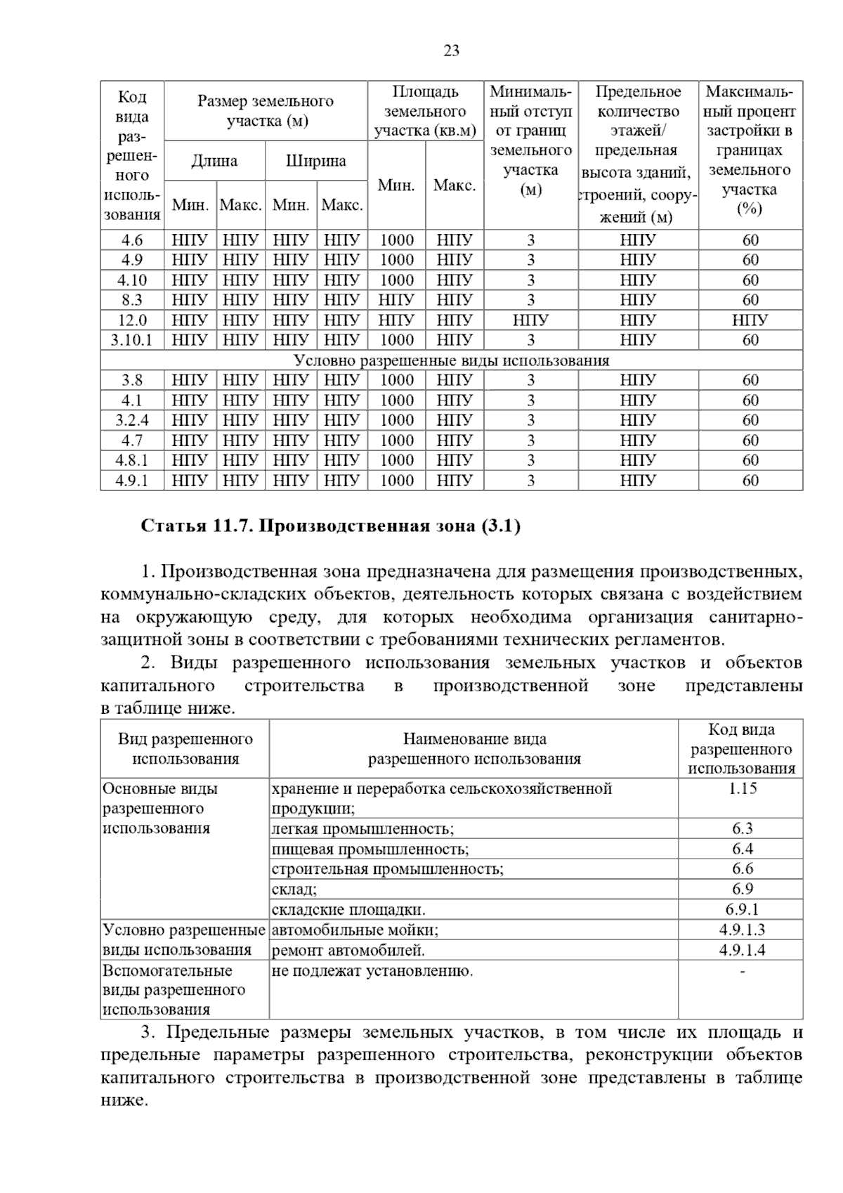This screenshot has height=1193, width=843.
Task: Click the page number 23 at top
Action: point(452,51)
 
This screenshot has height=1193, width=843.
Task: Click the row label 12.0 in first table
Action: point(132,320)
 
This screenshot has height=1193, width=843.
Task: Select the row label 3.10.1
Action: point(132,340)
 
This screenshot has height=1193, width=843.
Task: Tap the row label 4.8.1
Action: point(132,460)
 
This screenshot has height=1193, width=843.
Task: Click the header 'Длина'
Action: point(214,161)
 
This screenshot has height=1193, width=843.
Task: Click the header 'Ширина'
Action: point(316,161)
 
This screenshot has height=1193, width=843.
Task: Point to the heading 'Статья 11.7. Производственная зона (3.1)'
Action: point(331,526)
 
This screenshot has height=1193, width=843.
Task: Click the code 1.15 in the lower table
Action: point(742,788)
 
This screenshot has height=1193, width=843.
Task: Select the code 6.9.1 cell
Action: point(742,910)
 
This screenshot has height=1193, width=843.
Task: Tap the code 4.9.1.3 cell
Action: point(742,930)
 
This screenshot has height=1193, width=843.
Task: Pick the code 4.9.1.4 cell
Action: point(742,950)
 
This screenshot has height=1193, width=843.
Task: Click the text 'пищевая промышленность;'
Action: point(370,849)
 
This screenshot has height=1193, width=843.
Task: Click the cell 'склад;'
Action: point(294,889)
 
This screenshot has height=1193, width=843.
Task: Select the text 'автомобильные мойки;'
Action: point(355,930)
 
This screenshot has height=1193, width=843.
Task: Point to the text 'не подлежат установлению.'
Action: point(372,971)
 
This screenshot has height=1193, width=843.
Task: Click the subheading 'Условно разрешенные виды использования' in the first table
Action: point(451,360)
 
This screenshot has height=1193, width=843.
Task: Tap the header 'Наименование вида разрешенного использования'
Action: point(474,748)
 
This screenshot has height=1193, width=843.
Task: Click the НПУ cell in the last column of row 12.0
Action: point(750,320)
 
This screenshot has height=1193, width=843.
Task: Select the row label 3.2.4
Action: point(132,420)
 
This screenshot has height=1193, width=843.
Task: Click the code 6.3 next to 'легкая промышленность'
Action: point(742,829)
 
